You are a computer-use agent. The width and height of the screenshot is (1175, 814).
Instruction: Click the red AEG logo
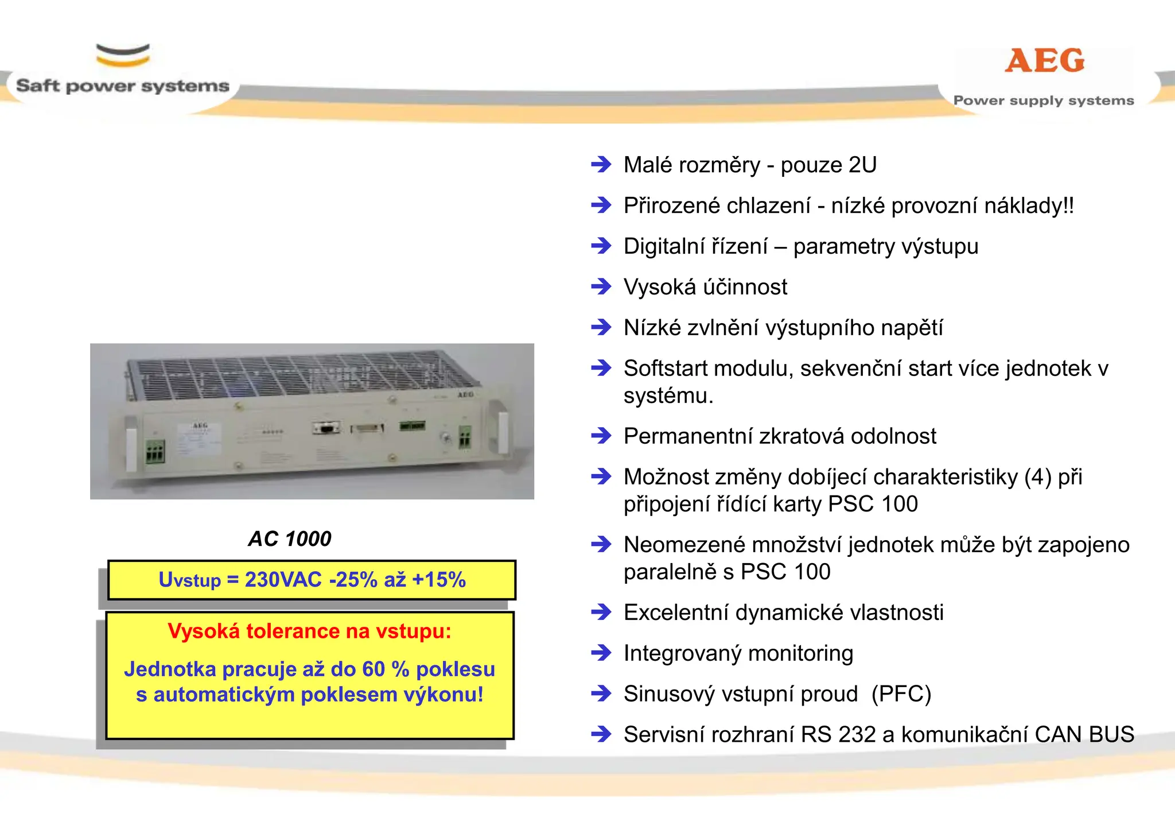coord(1045,61)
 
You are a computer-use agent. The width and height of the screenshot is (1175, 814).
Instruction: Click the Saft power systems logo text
coord(122,86)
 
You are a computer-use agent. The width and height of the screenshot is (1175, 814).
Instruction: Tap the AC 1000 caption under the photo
coord(290,538)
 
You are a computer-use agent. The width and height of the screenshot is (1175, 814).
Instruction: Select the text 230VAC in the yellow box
coord(283,580)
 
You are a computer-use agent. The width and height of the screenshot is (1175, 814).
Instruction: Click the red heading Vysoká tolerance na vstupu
coord(309,631)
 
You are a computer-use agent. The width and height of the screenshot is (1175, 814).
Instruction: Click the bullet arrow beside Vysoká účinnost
coord(601,286)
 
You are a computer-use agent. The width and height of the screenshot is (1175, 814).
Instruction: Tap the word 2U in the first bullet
coord(862,165)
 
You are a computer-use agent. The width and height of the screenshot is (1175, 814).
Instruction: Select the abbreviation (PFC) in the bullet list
coord(901,694)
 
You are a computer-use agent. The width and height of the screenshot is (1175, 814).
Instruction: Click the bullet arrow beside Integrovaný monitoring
coord(601,653)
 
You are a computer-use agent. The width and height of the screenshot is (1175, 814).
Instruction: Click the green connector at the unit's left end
coord(155,451)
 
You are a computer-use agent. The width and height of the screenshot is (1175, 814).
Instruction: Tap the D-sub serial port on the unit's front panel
coord(326,428)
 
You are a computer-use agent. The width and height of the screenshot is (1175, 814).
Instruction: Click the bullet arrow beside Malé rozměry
coord(601,165)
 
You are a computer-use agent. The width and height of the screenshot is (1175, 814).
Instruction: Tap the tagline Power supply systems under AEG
coord(1043,100)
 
